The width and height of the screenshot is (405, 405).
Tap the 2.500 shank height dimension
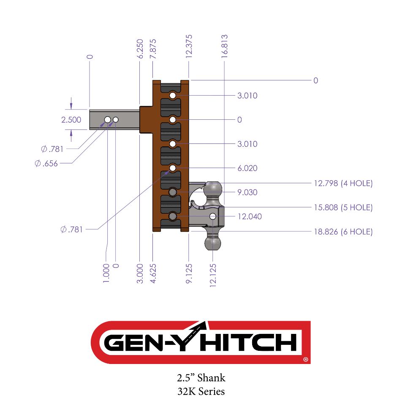click(x=71, y=120)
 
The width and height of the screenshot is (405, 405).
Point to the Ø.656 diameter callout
click(x=46, y=163)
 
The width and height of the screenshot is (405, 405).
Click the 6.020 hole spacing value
click(x=247, y=168)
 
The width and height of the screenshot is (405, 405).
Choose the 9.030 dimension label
click(x=247, y=193)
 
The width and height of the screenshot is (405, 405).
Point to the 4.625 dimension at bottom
click(x=153, y=273)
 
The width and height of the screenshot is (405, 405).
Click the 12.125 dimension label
click(x=213, y=276)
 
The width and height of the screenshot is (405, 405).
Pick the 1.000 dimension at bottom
click(x=106, y=273)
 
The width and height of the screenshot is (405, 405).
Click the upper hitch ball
click(x=213, y=189)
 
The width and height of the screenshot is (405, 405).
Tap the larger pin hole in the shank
click(x=108, y=120)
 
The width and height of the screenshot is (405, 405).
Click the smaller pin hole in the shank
click(x=116, y=120)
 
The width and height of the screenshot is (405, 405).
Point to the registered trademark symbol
click(x=306, y=360)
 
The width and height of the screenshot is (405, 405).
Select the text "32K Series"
click(x=201, y=391)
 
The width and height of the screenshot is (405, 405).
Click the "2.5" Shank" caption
click(x=201, y=377)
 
